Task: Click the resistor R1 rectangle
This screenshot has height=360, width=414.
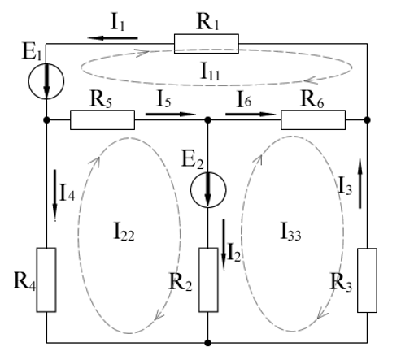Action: pyautogui.click(x=207, y=44)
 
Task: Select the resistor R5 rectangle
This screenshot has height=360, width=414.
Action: pyautogui.click(x=102, y=119)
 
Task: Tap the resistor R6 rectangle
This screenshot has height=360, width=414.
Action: pyautogui.click(x=313, y=119)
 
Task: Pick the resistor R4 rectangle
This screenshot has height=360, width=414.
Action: pyautogui.click(x=46, y=280)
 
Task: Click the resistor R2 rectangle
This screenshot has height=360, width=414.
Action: pyautogui.click(x=208, y=280)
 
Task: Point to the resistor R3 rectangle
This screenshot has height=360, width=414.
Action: pyautogui.click(x=367, y=280)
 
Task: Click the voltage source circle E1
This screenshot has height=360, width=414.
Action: pyautogui.click(x=46, y=81)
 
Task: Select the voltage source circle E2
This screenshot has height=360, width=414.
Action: pyautogui.click(x=208, y=190)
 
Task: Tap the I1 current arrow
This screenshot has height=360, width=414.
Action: pyautogui.click(x=112, y=38)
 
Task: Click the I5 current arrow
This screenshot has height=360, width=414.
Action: pyautogui.click(x=171, y=114)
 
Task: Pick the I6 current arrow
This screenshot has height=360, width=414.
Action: pyautogui.click(x=251, y=114)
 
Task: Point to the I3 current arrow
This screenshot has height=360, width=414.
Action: pyautogui.click(x=360, y=184)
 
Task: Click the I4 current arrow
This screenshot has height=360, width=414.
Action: pyautogui.click(x=54, y=195)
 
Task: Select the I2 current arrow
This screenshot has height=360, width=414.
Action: pyautogui.click(x=224, y=245)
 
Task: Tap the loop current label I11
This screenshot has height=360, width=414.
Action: pyautogui.click(x=210, y=72)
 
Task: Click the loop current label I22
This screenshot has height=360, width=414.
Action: pyautogui.click(x=124, y=232)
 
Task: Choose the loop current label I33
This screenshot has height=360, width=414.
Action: pyautogui.click(x=290, y=232)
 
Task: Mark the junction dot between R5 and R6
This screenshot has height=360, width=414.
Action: pyautogui.click(x=208, y=119)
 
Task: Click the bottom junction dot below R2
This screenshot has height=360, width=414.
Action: pyautogui.click(x=208, y=343)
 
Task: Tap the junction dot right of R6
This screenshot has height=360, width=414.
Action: pyautogui.click(x=367, y=119)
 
